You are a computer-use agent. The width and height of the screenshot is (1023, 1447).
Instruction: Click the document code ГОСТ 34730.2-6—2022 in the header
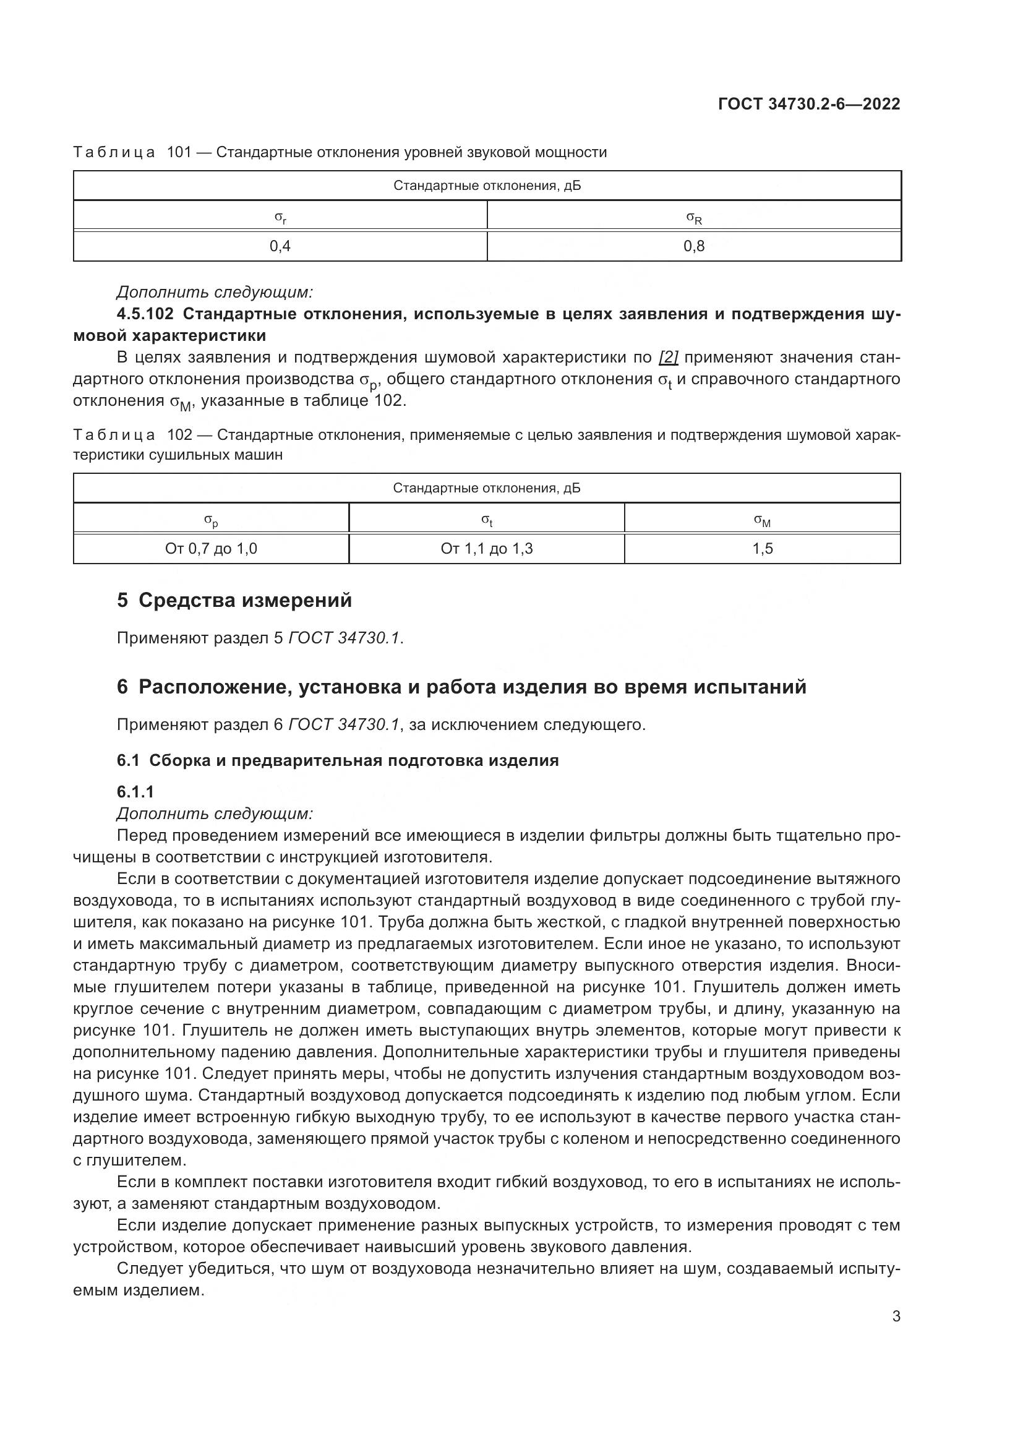click(x=809, y=105)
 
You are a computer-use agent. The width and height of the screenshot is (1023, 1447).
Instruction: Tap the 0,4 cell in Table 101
click(x=280, y=246)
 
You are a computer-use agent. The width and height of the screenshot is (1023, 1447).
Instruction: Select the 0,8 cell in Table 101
click(x=693, y=246)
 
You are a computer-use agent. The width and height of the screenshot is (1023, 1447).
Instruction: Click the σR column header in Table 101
click(x=693, y=218)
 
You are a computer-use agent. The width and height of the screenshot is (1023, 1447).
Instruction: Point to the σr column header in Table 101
click(x=280, y=218)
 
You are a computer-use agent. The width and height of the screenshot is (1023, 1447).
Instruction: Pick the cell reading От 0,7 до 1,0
click(x=211, y=549)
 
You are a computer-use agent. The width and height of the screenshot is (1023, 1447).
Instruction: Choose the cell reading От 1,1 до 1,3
click(x=486, y=549)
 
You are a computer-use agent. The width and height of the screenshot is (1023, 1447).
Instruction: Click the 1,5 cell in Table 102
click(x=762, y=549)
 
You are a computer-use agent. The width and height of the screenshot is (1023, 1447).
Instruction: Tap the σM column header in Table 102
click(x=762, y=520)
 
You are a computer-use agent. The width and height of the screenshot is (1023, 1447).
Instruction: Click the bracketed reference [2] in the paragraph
click(x=668, y=358)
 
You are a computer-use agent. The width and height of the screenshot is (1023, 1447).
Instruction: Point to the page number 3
click(x=896, y=1316)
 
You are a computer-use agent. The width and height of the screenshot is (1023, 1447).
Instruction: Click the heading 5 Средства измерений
click(x=234, y=601)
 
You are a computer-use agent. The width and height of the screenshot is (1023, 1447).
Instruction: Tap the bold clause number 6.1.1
click(x=135, y=792)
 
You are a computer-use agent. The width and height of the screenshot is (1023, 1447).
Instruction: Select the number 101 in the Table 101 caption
click(x=179, y=153)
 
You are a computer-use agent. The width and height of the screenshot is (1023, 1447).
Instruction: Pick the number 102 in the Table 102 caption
click(x=179, y=436)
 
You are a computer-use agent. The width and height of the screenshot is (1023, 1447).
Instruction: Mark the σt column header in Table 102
click(x=486, y=520)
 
